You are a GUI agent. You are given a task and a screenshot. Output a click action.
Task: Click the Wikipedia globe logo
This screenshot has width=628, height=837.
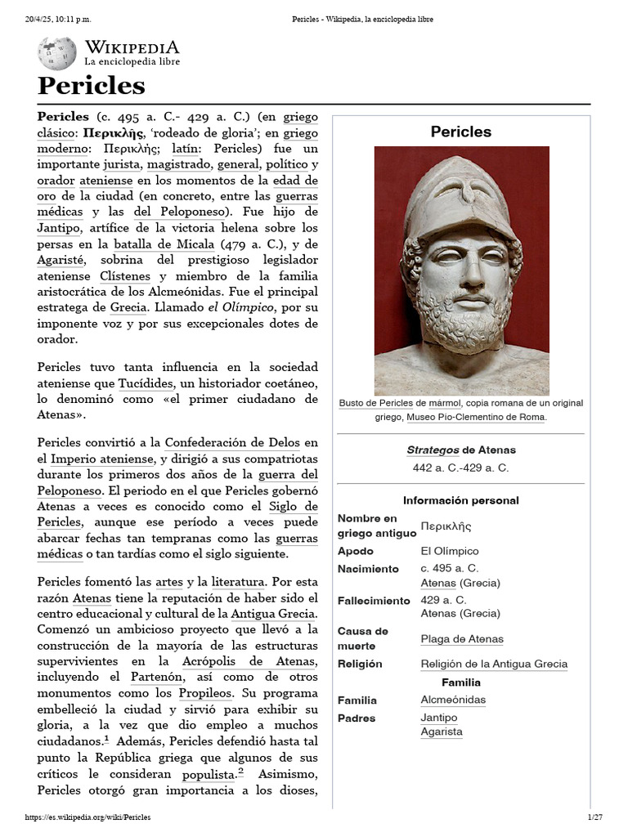[56, 52]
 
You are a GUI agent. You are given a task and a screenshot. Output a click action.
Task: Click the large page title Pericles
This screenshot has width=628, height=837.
[91, 86]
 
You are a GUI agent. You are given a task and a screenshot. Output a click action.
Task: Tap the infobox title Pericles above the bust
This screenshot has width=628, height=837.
[460, 132]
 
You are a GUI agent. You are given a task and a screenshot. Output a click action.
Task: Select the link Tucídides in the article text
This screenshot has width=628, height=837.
[146, 383]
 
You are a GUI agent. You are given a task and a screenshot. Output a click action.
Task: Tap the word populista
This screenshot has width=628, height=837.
[209, 773]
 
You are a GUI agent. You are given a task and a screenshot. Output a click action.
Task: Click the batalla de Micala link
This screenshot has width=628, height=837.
[164, 244]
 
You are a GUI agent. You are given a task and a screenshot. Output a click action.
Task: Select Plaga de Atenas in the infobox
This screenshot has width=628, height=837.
[461, 639]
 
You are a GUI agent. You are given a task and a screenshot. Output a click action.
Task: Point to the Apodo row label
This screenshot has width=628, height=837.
[357, 551]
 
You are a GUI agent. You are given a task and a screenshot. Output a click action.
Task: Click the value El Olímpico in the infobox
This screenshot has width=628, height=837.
[450, 551]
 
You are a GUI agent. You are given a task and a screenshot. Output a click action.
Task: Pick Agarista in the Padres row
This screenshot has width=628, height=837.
[441, 732]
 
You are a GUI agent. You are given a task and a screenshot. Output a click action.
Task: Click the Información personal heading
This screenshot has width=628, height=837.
[460, 500]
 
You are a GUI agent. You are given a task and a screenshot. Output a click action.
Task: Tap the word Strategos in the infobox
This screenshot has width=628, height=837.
[433, 450]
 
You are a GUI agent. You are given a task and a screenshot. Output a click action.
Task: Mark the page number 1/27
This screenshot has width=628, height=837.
[594, 817]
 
